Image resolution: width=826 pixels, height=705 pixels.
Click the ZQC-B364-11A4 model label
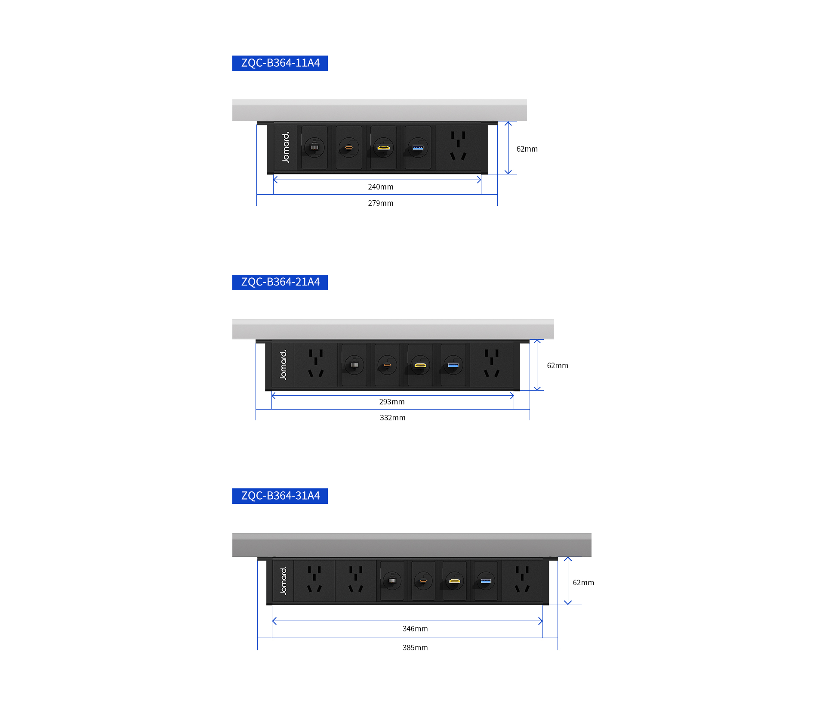tap(280, 63)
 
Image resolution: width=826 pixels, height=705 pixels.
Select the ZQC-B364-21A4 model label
tap(280, 282)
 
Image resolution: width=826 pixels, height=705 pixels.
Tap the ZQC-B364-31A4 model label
tap(280, 496)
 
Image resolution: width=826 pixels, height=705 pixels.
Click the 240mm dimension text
tap(381, 187)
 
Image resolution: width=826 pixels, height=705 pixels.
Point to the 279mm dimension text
tap(381, 203)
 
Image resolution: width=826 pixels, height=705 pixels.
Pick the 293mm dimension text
tap(392, 402)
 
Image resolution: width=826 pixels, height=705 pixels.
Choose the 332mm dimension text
tap(393, 418)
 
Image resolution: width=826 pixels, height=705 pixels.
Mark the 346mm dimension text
tap(415, 629)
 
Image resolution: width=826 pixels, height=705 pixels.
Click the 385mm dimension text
tap(415, 648)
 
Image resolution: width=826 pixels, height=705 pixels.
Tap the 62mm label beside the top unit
tap(527, 149)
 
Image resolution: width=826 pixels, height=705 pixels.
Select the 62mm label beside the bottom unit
tap(583, 583)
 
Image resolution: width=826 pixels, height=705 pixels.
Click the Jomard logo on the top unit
tap(286, 147)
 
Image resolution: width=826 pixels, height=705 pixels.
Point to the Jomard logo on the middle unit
tap(283, 365)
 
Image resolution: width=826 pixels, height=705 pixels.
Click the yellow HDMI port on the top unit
tap(383, 148)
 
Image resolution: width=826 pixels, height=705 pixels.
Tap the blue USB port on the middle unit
tap(453, 365)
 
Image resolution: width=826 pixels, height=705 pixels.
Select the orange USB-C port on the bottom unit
tap(423, 581)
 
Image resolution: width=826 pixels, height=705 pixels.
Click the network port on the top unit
tap(314, 147)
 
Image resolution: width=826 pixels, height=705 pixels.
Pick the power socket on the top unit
tap(458, 146)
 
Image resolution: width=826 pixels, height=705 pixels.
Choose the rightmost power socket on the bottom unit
tap(522, 579)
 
